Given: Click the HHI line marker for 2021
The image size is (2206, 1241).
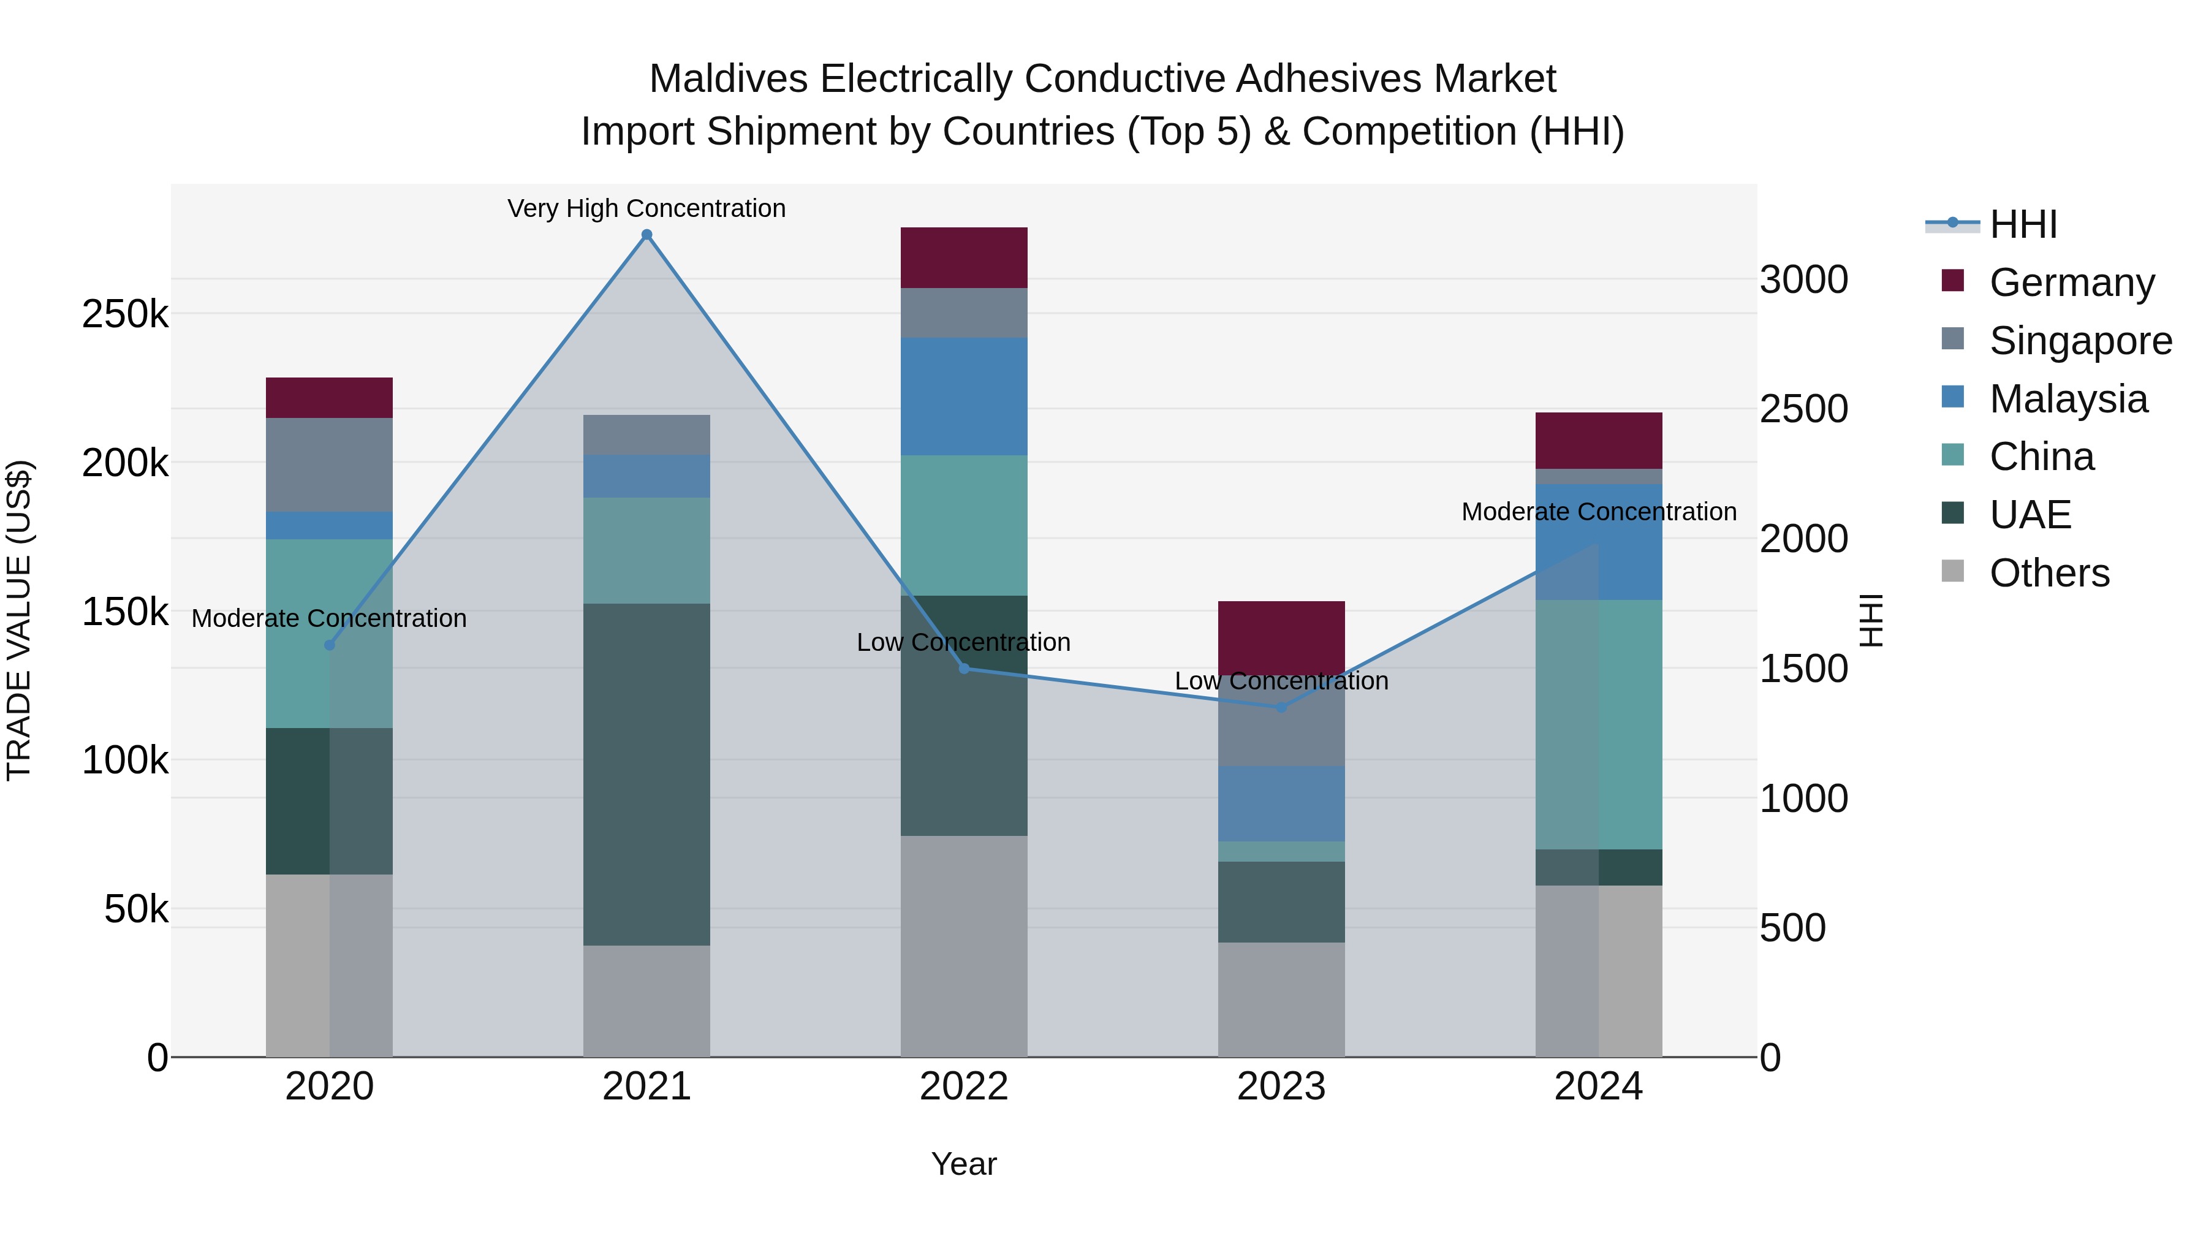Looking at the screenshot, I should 646,235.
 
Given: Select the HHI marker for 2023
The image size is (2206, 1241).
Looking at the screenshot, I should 1281,707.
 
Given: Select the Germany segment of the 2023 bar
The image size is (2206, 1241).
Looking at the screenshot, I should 1281,637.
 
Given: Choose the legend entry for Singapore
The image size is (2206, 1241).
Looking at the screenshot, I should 2080,341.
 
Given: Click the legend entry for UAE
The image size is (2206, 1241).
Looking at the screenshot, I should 2030,515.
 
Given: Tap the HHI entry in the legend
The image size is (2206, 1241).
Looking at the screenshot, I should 2023,224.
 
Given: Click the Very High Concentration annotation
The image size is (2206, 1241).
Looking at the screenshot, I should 646,208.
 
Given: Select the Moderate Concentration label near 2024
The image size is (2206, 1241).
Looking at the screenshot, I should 1598,511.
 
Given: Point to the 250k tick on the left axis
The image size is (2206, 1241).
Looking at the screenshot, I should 125,314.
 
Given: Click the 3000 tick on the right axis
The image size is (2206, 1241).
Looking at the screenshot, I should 1803,279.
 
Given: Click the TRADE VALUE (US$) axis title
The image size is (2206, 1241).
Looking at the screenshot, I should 19,620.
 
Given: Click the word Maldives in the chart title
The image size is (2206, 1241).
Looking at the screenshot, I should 728,79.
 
